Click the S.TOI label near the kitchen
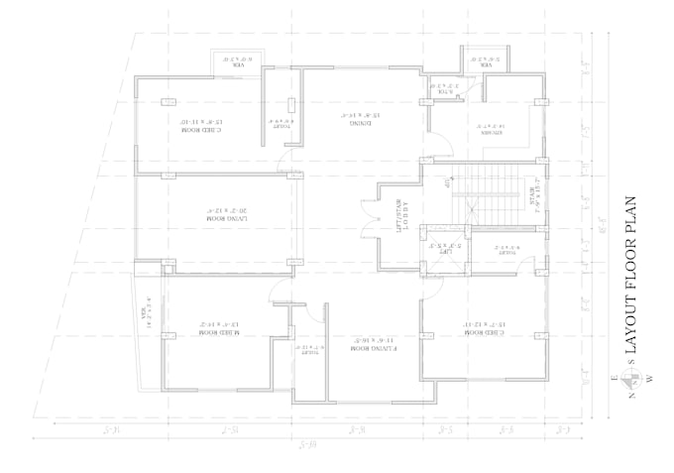(x=441, y=87)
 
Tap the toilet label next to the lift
(x=507, y=250)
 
